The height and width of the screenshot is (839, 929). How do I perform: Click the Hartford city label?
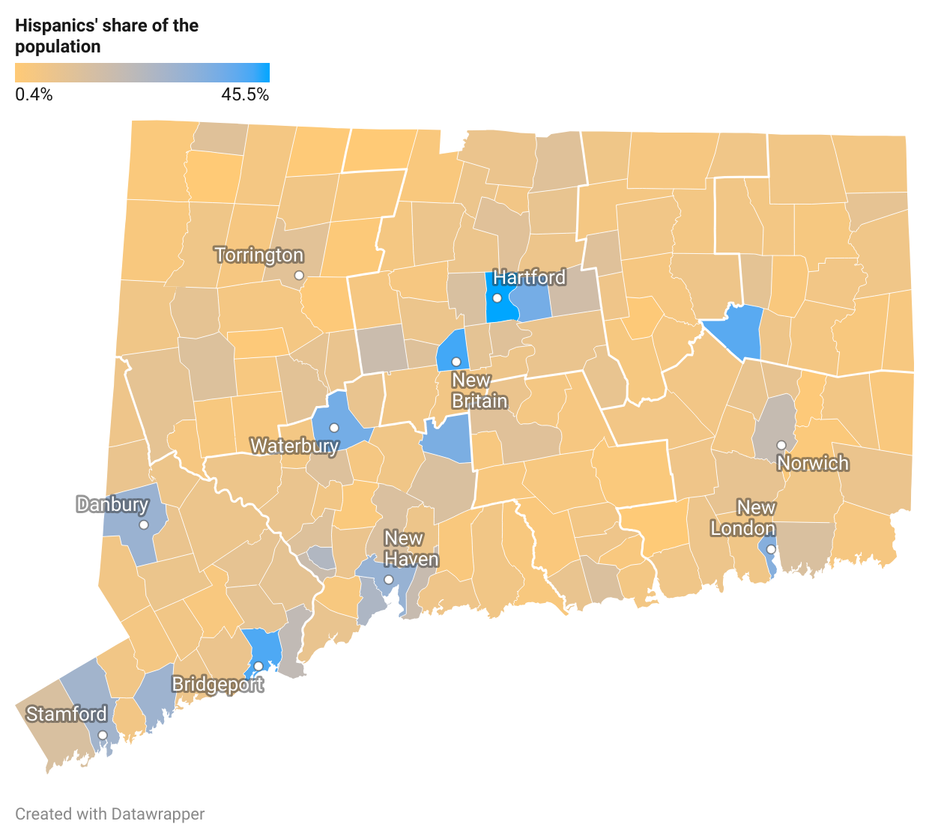[529, 277]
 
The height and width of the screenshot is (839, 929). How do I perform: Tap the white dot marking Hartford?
[497, 298]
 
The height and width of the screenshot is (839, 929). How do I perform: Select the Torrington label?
[259, 255]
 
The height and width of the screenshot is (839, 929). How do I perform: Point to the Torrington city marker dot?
[299, 276]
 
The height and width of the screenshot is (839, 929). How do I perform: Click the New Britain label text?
[479, 391]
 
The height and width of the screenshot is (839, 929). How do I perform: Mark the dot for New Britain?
[456, 362]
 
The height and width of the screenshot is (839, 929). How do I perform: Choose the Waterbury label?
[294, 446]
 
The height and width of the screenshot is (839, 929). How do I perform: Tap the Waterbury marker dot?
[334, 428]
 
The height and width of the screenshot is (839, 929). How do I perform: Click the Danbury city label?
[112, 504]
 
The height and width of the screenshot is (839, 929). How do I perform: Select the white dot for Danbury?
[144, 524]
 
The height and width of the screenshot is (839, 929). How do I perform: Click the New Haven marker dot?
[389, 580]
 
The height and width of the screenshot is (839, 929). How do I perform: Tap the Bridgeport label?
[217, 684]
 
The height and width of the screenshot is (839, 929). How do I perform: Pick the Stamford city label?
[67, 714]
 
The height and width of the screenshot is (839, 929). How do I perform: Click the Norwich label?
[813, 463]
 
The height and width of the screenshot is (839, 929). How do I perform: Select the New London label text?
[743, 518]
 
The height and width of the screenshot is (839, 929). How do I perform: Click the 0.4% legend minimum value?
[34, 94]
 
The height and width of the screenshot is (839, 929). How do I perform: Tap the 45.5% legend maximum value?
[245, 94]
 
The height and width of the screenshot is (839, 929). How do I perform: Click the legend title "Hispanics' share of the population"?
[107, 36]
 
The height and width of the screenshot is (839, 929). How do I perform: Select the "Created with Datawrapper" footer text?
[110, 814]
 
